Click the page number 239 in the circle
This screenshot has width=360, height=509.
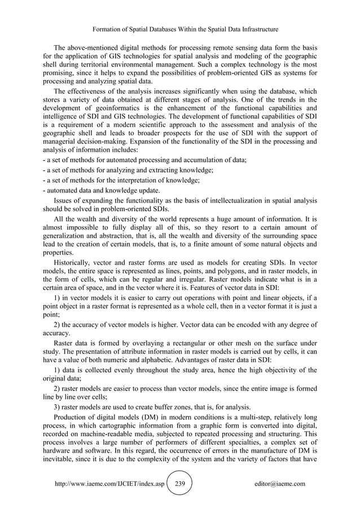click(180, 484)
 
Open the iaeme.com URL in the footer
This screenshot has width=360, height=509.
click(109, 484)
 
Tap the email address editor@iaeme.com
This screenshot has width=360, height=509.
click(280, 484)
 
